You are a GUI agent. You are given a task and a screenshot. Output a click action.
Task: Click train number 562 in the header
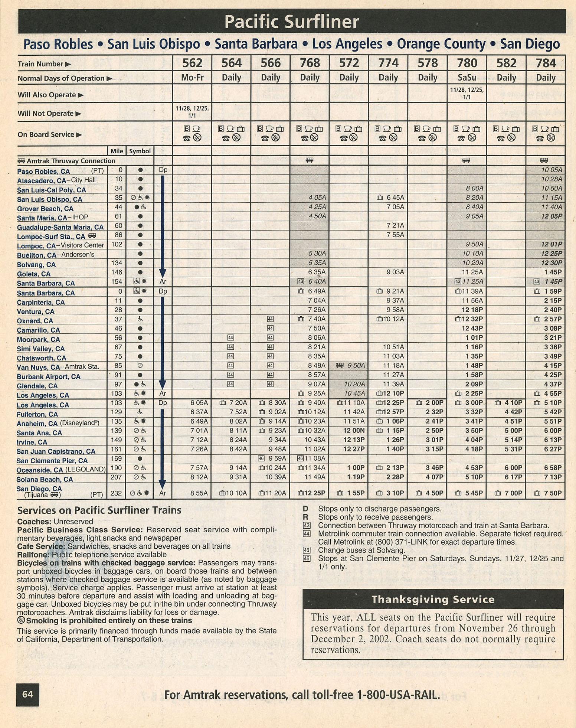click(192, 63)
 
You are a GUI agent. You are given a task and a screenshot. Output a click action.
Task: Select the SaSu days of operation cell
click(467, 78)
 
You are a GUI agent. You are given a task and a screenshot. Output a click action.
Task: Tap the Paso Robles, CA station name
click(43, 172)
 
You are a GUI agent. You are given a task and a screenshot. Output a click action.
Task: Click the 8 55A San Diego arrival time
click(199, 493)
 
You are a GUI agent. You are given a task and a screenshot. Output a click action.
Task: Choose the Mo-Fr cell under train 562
click(192, 78)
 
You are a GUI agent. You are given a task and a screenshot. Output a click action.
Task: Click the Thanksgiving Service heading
click(433, 600)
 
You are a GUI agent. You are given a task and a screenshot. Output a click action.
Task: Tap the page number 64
click(28, 694)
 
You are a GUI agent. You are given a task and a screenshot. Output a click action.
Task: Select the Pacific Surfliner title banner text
click(292, 22)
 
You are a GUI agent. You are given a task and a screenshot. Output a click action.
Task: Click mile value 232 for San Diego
click(116, 493)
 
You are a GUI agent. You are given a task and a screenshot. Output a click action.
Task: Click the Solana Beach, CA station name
click(45, 479)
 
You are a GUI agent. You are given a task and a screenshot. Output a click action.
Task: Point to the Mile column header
click(117, 151)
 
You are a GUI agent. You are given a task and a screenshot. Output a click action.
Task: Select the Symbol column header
click(140, 151)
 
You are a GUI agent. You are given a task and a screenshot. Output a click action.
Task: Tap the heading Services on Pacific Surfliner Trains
click(99, 510)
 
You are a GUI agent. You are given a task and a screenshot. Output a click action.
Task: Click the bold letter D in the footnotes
click(305, 509)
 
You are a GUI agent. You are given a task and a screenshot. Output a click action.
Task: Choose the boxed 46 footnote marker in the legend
click(307, 558)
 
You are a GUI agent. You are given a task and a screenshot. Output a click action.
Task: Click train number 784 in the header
click(546, 63)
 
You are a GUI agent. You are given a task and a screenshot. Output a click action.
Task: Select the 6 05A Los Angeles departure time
click(199, 403)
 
